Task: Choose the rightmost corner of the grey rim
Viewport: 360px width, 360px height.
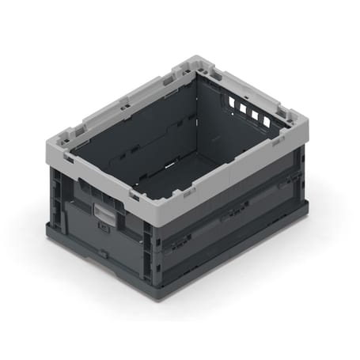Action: coord(307,127)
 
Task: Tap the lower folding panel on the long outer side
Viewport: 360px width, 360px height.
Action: coord(229,253)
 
